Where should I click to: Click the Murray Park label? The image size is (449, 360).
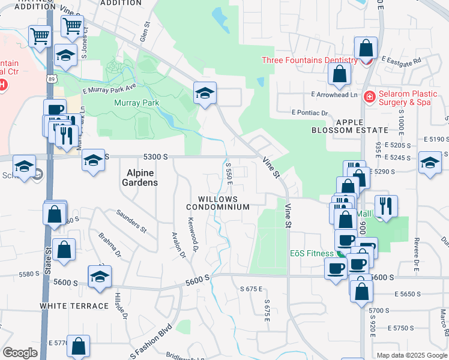(136, 103)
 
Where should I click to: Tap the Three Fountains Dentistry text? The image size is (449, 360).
(310, 60)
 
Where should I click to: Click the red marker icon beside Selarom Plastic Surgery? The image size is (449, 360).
(370, 96)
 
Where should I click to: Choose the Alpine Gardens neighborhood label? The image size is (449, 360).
(142, 178)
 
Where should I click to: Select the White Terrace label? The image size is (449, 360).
(74, 306)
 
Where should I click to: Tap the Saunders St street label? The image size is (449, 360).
(131, 220)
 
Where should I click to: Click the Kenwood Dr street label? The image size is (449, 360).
(194, 230)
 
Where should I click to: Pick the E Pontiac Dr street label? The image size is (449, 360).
(310, 113)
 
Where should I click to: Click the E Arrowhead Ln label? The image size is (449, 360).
(334, 95)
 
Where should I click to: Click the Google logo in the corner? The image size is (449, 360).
(20, 353)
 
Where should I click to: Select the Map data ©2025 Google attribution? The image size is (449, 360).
(411, 355)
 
